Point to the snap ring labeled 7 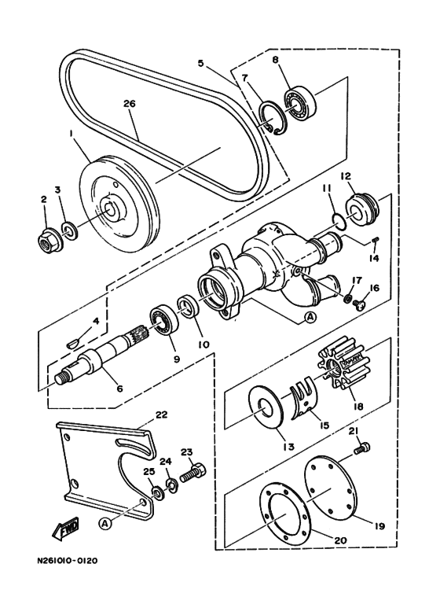click(272, 119)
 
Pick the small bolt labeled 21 click(361, 448)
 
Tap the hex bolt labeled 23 click(192, 472)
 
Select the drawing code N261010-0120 click(67, 560)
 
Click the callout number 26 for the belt click(130, 104)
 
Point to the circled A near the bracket click(104, 524)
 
